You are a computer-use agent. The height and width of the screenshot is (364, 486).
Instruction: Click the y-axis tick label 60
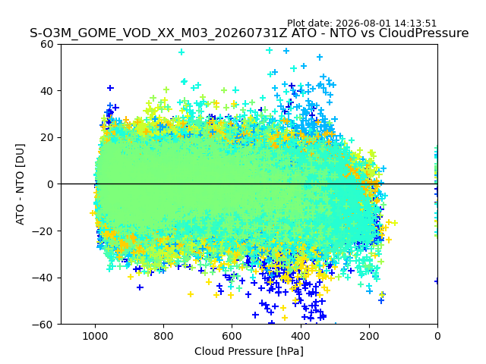47,44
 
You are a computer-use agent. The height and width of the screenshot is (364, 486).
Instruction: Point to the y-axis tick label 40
47,91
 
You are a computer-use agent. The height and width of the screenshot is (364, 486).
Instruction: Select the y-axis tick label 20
47,138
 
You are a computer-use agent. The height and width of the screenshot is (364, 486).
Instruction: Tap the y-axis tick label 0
50,184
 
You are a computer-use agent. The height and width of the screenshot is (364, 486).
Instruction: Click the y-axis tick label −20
43,231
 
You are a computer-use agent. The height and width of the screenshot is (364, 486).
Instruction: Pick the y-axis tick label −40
43,278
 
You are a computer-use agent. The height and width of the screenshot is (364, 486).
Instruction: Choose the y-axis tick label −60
43,325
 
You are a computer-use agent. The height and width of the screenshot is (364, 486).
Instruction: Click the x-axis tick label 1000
95,336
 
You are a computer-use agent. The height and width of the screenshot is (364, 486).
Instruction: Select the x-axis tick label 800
164,336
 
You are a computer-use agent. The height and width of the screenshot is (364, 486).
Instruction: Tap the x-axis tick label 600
232,336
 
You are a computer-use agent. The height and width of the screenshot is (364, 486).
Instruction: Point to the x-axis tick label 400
301,336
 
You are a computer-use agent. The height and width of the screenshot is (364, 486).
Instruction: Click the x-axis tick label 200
369,336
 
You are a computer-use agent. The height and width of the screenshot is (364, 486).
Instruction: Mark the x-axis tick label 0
437,336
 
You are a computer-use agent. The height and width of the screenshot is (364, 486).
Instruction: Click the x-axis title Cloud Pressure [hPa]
249,352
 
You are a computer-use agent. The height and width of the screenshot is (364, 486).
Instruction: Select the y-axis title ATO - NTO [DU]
21,184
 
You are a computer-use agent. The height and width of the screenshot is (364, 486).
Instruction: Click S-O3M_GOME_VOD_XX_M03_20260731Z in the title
159,33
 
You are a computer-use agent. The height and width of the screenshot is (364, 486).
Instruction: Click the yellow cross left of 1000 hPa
93,213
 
